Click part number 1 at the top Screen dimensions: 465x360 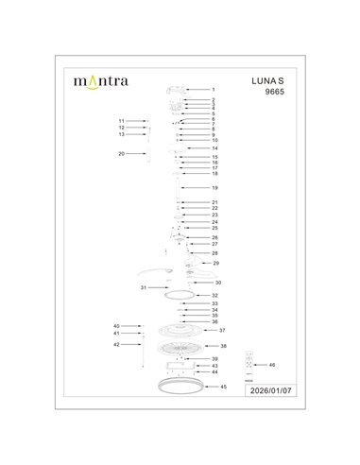click(x=214, y=90)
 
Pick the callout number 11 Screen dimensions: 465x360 click(x=121, y=122)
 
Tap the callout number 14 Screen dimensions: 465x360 click(x=215, y=148)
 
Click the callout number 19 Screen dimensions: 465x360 click(x=215, y=188)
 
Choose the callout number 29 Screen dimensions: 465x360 click(x=216, y=263)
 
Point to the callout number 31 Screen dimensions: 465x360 click(x=143, y=286)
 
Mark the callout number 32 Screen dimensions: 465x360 click(x=215, y=296)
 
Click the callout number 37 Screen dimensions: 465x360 click(x=223, y=331)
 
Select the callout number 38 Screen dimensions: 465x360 click(x=223, y=346)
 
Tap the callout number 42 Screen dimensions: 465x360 click(x=116, y=345)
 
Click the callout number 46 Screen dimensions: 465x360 click(x=272, y=364)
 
